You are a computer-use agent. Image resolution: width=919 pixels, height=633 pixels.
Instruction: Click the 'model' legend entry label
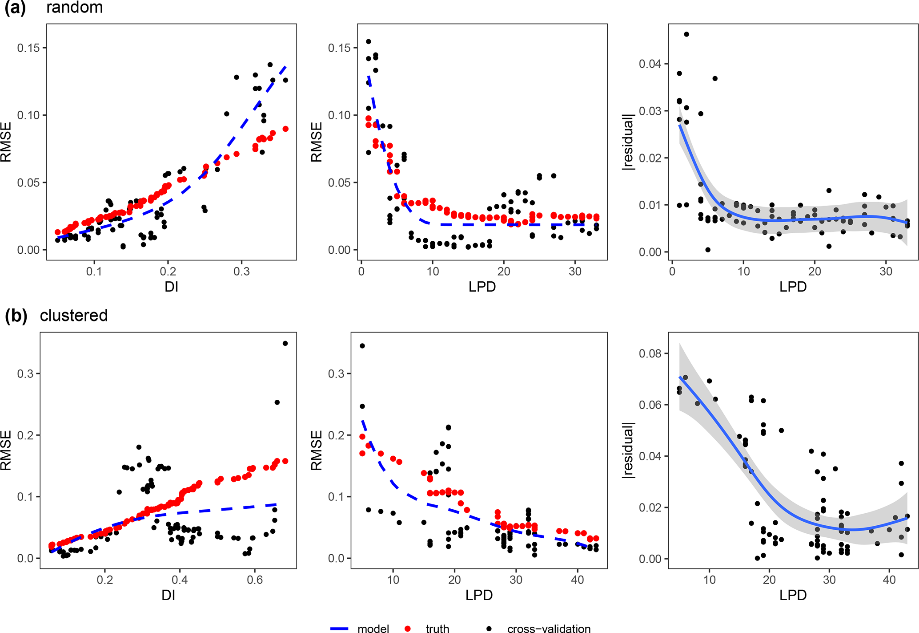tap(373, 628)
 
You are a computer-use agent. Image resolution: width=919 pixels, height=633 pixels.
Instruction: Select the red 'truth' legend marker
tap(408, 628)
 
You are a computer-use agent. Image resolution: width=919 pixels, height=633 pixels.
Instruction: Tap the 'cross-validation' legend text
tap(549, 628)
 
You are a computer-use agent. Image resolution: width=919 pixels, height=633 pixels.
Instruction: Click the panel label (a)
tap(15, 8)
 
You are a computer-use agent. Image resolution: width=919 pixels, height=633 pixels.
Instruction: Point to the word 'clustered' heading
tap(74, 315)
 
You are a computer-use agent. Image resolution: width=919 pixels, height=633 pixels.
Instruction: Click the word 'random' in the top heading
tap(74, 7)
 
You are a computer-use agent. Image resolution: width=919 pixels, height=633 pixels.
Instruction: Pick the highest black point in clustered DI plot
tap(285, 343)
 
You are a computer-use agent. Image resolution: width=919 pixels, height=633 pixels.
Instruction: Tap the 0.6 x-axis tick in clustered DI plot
tap(255, 580)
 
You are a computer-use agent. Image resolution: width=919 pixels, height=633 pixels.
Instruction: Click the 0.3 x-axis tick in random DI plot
tap(242, 271)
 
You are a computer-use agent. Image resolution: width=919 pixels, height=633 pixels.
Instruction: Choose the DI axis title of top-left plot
tap(171, 287)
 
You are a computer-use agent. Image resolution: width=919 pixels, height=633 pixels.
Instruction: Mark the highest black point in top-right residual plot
tap(686, 34)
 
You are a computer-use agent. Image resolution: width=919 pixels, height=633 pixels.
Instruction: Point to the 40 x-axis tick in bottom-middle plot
tap(578, 580)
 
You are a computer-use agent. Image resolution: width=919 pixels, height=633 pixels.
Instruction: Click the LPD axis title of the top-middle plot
tap(482, 287)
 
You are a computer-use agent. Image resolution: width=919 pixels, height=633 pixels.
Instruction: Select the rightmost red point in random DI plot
tap(285, 129)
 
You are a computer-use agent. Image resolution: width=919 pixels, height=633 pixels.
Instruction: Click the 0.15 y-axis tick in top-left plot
tap(28, 48)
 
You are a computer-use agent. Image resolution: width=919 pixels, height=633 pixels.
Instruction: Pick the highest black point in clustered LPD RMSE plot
tap(362, 346)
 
